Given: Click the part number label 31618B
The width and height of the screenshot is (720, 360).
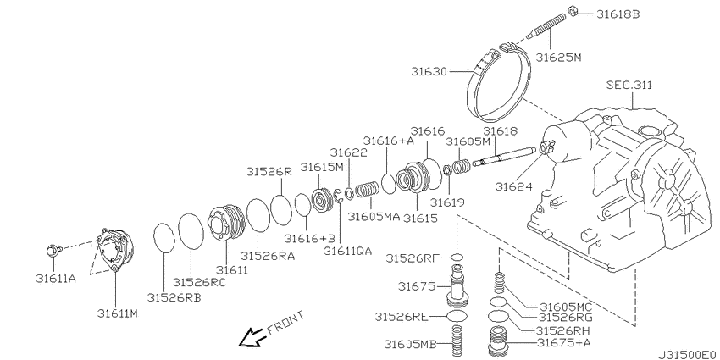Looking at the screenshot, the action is click(x=618, y=14).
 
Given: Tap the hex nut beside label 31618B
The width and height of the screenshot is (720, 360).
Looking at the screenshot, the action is click(x=573, y=9).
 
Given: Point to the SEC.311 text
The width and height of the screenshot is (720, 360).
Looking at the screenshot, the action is click(x=629, y=85).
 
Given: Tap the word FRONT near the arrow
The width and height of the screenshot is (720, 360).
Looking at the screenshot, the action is click(x=285, y=323).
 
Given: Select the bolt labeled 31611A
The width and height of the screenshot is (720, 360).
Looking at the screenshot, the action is click(x=54, y=251).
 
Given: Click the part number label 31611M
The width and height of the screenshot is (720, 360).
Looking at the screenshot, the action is click(x=118, y=313).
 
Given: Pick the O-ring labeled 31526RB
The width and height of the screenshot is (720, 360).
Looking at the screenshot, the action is click(x=164, y=238).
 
